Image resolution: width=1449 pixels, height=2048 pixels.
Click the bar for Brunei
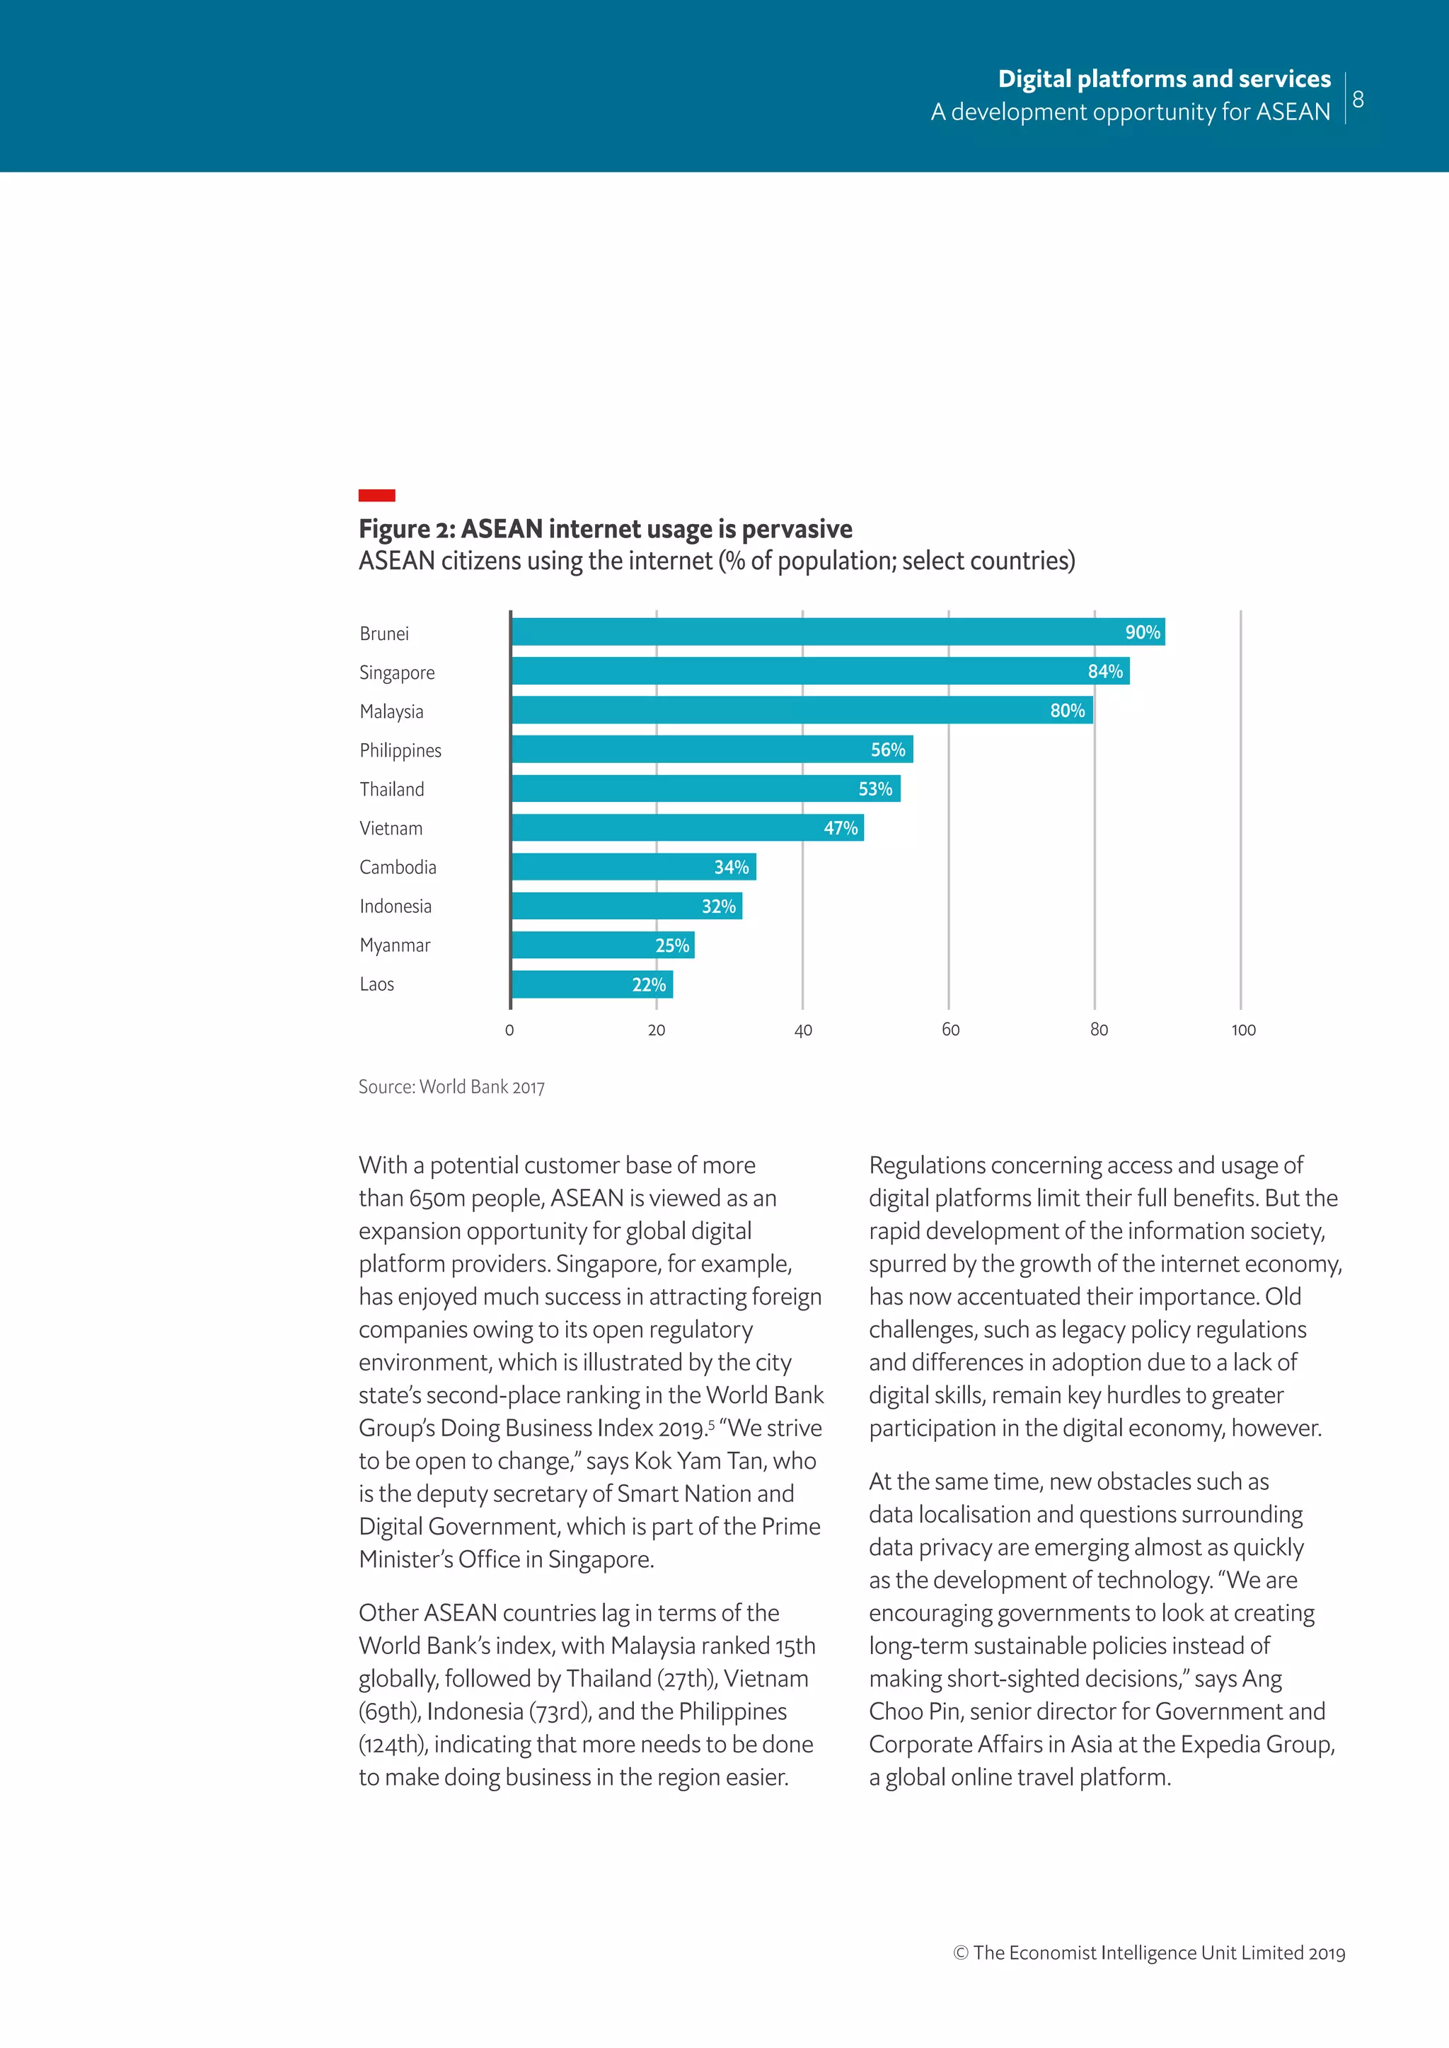(837, 632)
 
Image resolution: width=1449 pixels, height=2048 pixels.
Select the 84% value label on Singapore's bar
(1104, 671)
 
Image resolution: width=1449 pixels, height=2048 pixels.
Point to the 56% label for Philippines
(888, 750)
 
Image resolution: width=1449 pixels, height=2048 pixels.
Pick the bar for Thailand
(705, 789)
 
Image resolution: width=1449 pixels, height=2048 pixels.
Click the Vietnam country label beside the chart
(391, 828)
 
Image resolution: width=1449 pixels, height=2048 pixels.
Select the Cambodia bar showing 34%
(633, 867)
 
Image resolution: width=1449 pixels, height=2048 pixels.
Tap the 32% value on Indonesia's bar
(718, 907)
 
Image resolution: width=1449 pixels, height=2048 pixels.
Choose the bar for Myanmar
(602, 946)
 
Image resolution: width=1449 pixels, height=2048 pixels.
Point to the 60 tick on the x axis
(950, 1030)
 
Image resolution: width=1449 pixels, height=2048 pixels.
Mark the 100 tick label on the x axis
(1243, 1030)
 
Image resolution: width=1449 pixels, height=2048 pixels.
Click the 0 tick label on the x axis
(509, 1030)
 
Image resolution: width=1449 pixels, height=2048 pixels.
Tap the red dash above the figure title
(376, 495)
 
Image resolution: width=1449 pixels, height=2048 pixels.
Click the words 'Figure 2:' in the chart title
(407, 529)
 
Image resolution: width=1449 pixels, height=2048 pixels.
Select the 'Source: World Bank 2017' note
(451, 1086)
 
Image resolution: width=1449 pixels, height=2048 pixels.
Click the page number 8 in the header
(1358, 99)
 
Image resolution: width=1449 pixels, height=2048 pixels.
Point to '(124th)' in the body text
(390, 1744)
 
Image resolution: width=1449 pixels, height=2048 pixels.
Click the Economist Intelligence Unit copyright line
(1149, 1953)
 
